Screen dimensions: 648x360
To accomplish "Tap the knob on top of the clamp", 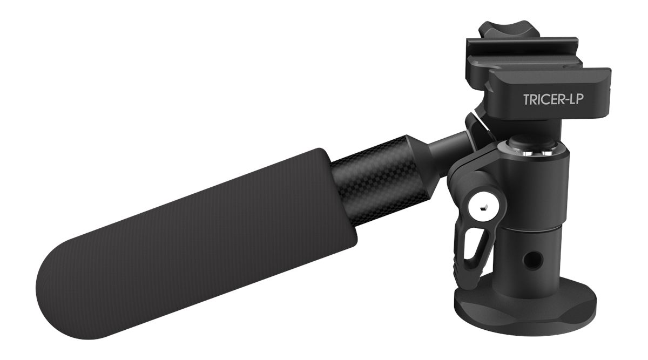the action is [x=501, y=30].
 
